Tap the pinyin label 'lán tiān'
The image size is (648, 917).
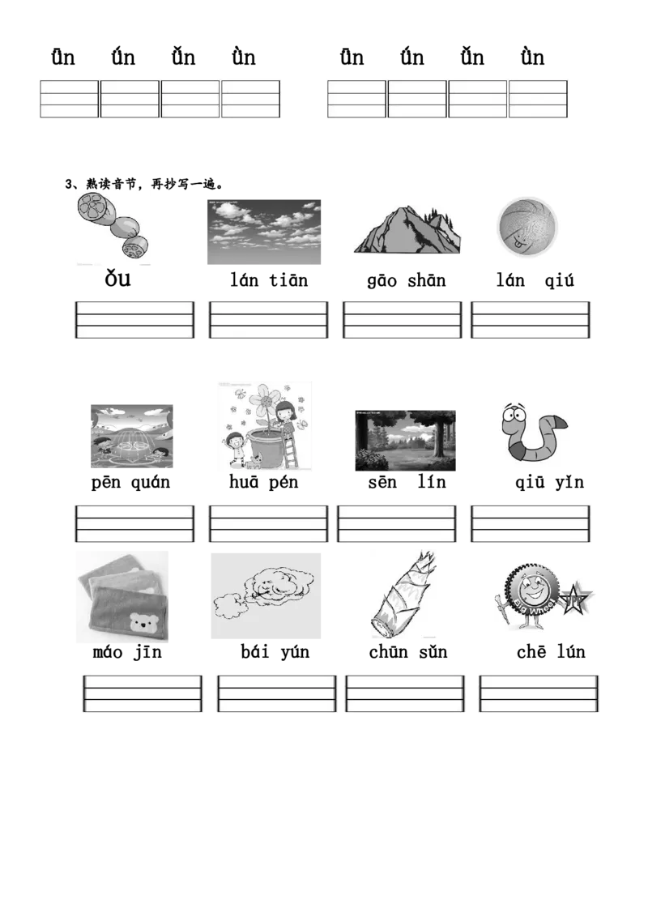[268, 281]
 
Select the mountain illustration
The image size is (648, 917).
[407, 229]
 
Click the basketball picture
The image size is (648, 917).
[527, 227]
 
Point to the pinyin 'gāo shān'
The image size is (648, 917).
[407, 281]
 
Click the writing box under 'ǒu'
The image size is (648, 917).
[134, 320]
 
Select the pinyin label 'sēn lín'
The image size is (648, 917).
[407, 483]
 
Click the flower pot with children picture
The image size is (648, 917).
[265, 426]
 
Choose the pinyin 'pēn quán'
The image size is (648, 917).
[130, 483]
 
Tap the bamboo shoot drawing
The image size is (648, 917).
[403, 594]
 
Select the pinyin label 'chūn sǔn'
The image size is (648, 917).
[408, 652]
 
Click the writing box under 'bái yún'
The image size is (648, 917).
[277, 693]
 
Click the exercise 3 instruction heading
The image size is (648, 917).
[144, 184]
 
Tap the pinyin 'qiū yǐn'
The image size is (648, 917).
[549, 483]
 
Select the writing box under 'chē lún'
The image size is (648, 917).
[539, 693]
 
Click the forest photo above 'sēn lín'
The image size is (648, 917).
[405, 441]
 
